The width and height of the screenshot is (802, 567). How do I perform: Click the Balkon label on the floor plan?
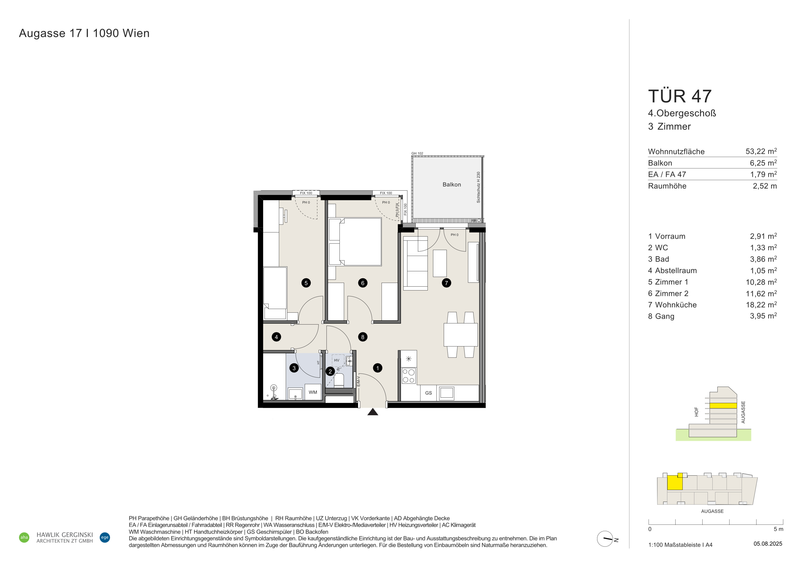click(x=452, y=184)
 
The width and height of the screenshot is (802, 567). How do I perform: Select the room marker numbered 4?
click(x=276, y=337)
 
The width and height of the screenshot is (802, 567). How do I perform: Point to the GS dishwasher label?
click(x=428, y=393)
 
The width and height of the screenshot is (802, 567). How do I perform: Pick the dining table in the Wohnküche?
click(x=461, y=334)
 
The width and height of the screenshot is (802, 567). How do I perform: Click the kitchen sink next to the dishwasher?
click(x=446, y=393)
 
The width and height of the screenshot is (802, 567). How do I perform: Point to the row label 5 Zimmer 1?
click(x=668, y=282)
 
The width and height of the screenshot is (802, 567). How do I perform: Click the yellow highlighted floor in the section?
click(x=723, y=406)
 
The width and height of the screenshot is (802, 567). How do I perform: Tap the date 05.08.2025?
click(x=768, y=544)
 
